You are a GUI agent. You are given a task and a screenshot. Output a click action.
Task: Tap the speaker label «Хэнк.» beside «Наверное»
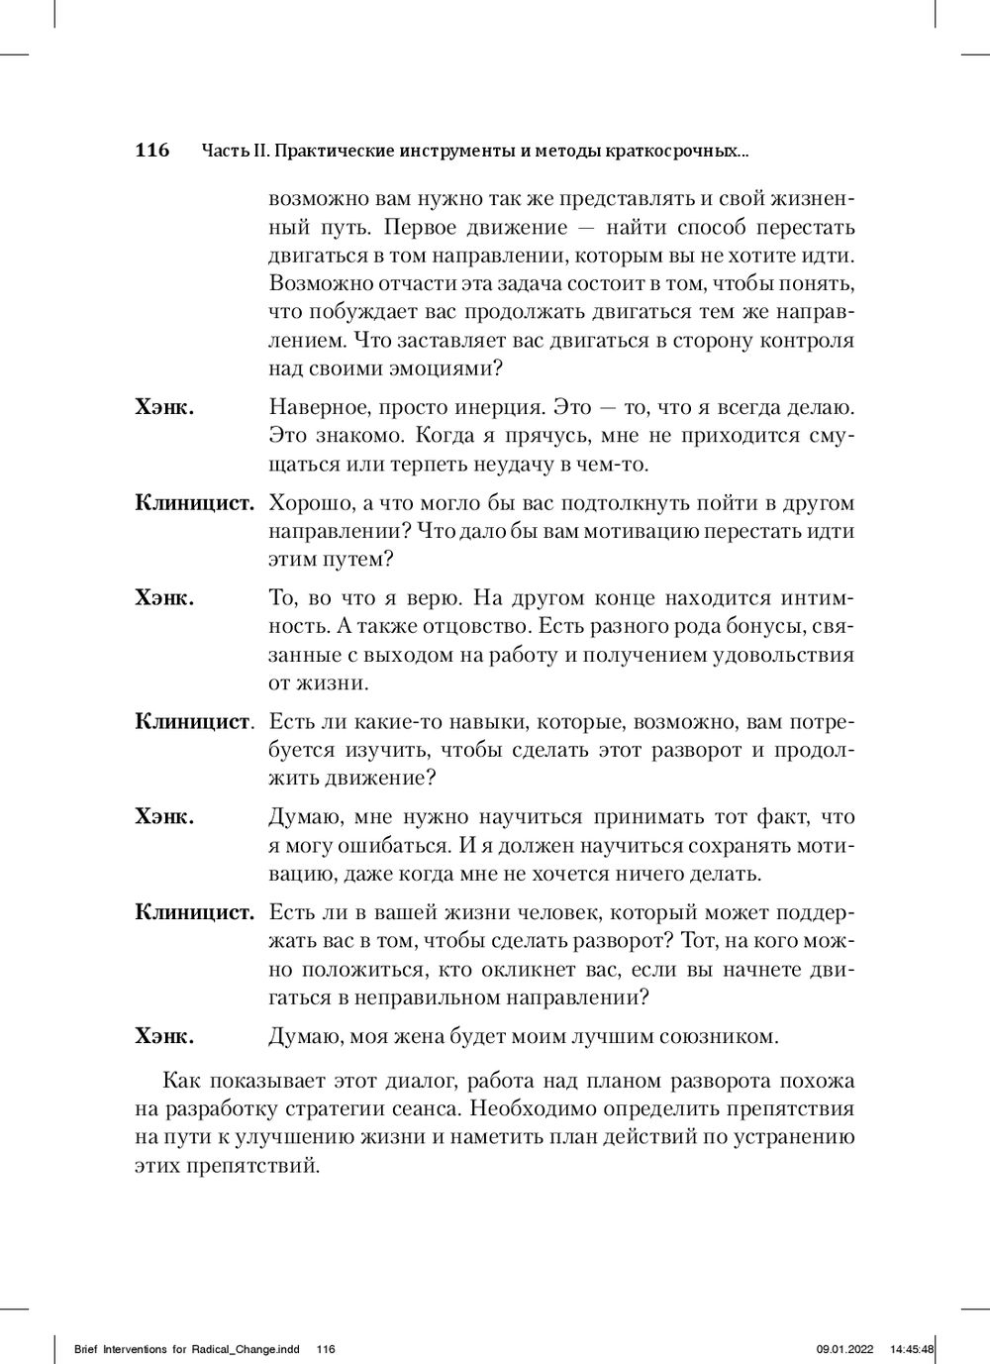[x=164, y=406]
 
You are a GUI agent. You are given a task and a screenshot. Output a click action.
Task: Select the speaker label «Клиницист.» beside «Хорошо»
[x=195, y=502]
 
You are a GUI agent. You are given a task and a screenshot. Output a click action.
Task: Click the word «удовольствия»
[x=777, y=655]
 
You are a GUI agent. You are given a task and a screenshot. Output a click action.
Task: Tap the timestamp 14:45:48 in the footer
[x=913, y=1349]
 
